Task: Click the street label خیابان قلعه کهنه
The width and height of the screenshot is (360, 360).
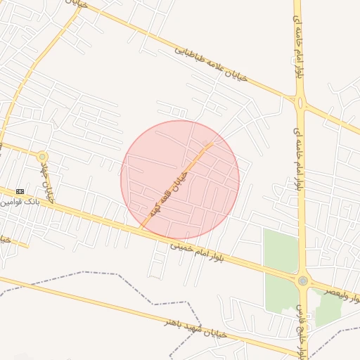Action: pyautogui.click(x=167, y=191)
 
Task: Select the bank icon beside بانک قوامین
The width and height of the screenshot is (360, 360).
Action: pyautogui.click(x=20, y=191)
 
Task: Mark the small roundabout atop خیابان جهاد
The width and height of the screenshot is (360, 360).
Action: pyautogui.click(x=43, y=156)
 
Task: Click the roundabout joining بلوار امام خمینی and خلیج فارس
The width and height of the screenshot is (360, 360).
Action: pyautogui.click(x=302, y=281)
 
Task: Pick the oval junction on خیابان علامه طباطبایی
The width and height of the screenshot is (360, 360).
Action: pyautogui.click(x=301, y=103)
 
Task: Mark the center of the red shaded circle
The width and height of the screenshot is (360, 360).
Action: pyautogui.click(x=180, y=180)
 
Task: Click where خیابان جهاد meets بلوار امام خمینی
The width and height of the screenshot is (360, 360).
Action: pyautogui.click(x=58, y=207)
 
